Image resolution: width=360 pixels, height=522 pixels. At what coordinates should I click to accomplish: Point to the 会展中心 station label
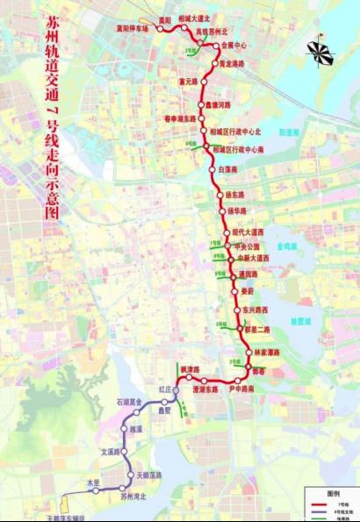pos(234,44)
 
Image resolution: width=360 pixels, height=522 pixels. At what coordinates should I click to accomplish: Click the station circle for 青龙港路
pos(213,64)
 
